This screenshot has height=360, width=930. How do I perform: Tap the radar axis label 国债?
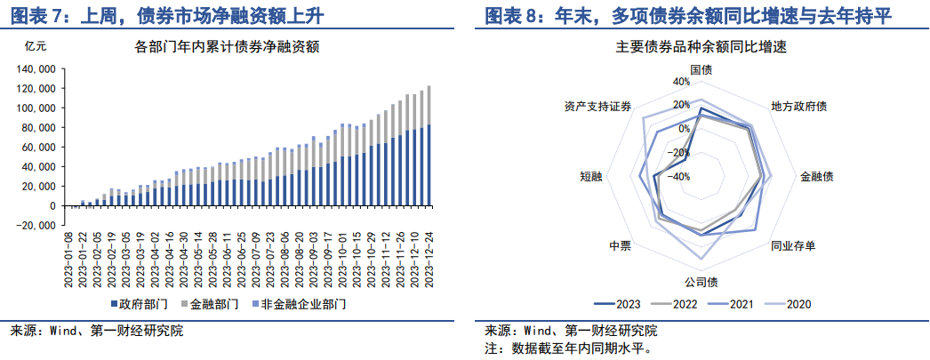coord(701,69)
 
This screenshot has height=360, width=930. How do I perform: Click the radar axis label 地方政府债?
coord(798,107)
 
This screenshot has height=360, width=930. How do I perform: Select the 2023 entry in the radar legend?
coord(618,304)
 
